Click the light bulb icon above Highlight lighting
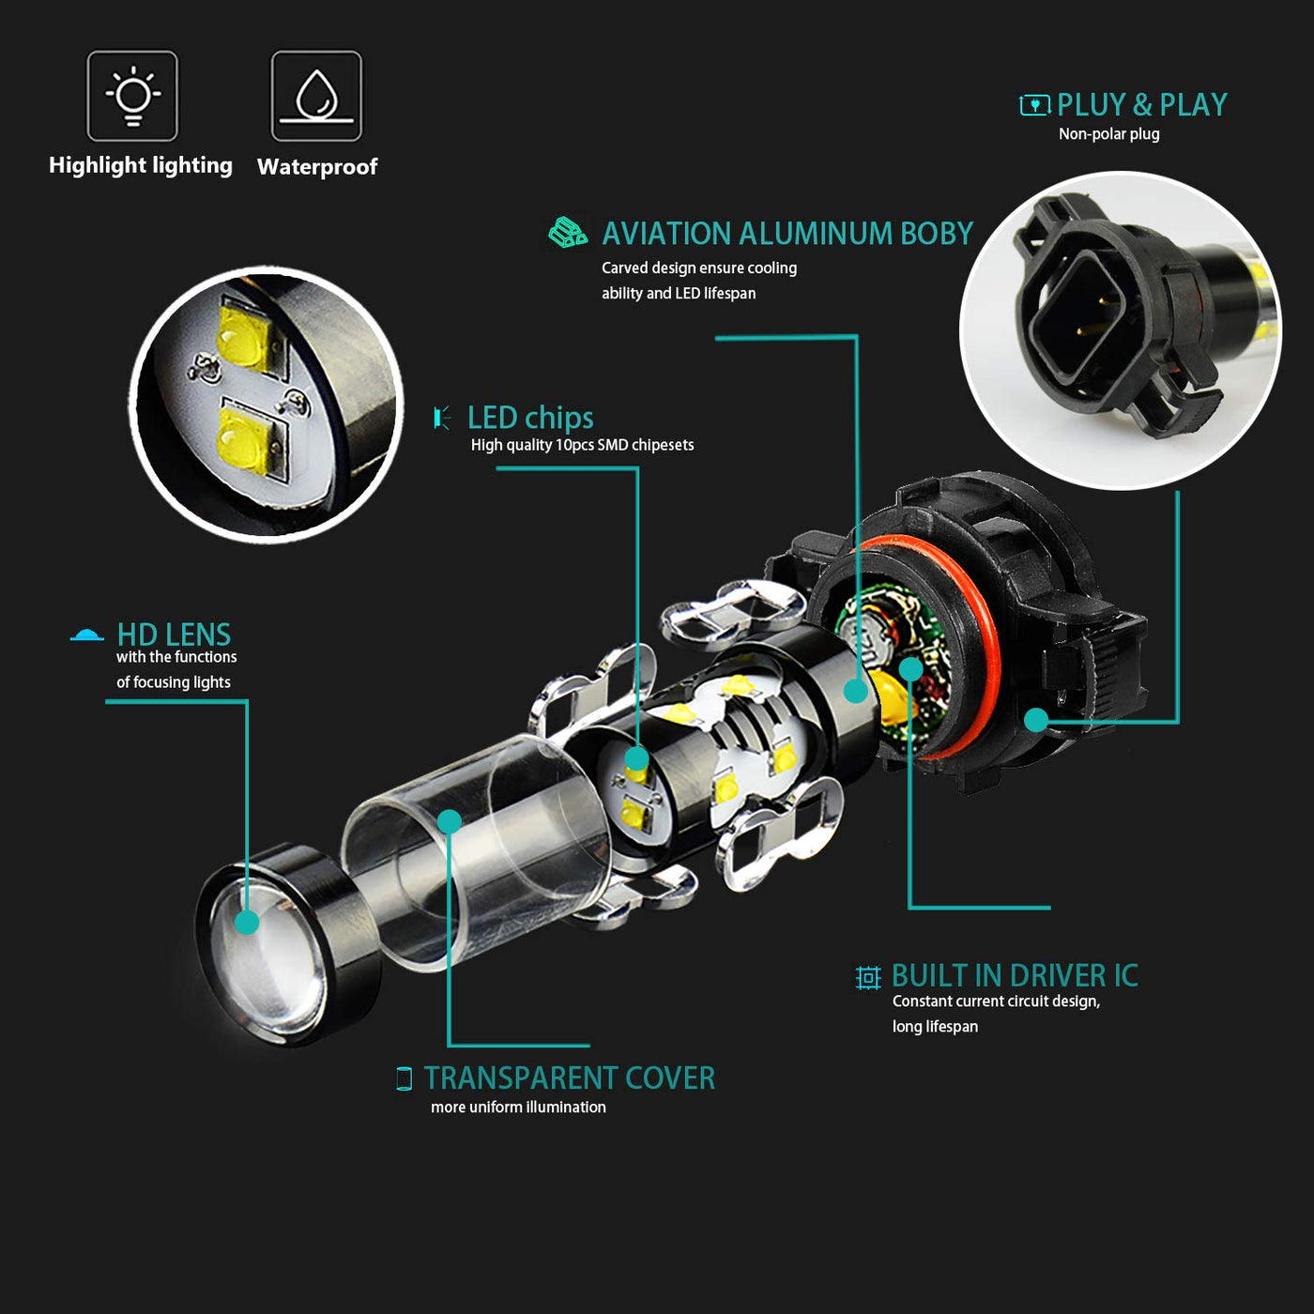point(132,96)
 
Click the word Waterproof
point(317,166)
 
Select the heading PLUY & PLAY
point(1141,105)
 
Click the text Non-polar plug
point(1108,134)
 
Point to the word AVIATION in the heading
point(666,234)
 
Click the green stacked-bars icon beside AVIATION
point(567,233)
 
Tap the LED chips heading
point(530,418)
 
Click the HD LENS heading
point(174,634)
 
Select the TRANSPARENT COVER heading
point(570,1078)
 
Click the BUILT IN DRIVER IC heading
point(1015,976)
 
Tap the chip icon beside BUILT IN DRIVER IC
point(868,977)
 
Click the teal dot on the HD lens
point(247,922)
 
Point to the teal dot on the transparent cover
point(450,821)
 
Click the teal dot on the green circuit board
point(911,669)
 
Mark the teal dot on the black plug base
point(1036,719)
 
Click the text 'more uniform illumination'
point(518,1107)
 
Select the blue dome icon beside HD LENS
point(86,634)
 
